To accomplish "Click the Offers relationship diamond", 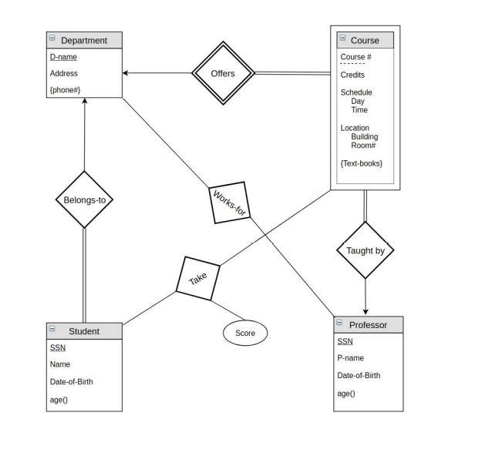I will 223,73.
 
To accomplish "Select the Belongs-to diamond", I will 84,199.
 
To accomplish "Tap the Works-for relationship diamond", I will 230,203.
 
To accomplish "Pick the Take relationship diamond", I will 198,278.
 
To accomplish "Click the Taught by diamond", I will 365,250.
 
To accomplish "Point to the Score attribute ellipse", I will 245,333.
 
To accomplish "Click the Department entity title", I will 84,40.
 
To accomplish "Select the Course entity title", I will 365,40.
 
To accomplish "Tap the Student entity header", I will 84,331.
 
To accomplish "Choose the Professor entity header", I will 368,324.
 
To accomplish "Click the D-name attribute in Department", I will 63,57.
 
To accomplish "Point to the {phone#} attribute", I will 65,90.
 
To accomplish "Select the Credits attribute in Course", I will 352,75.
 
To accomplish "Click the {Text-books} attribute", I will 361,163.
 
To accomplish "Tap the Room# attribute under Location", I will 362,146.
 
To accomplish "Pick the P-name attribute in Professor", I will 351,358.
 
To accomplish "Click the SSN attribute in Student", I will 58,347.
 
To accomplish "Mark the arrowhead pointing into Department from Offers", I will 126,73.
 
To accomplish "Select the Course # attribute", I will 355,57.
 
